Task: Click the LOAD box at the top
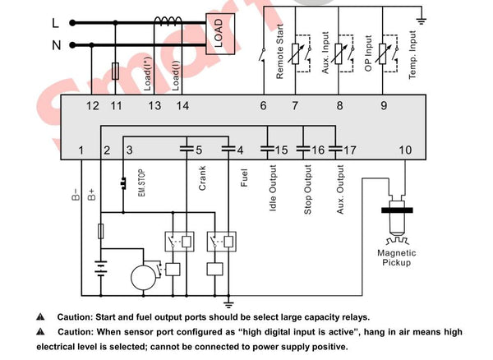(219, 34)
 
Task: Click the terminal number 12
(92, 105)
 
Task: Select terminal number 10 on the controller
(405, 150)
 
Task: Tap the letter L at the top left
(56, 23)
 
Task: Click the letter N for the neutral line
(57, 46)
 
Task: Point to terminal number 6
(264, 105)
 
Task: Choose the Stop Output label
(308, 192)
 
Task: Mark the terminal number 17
(350, 150)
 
